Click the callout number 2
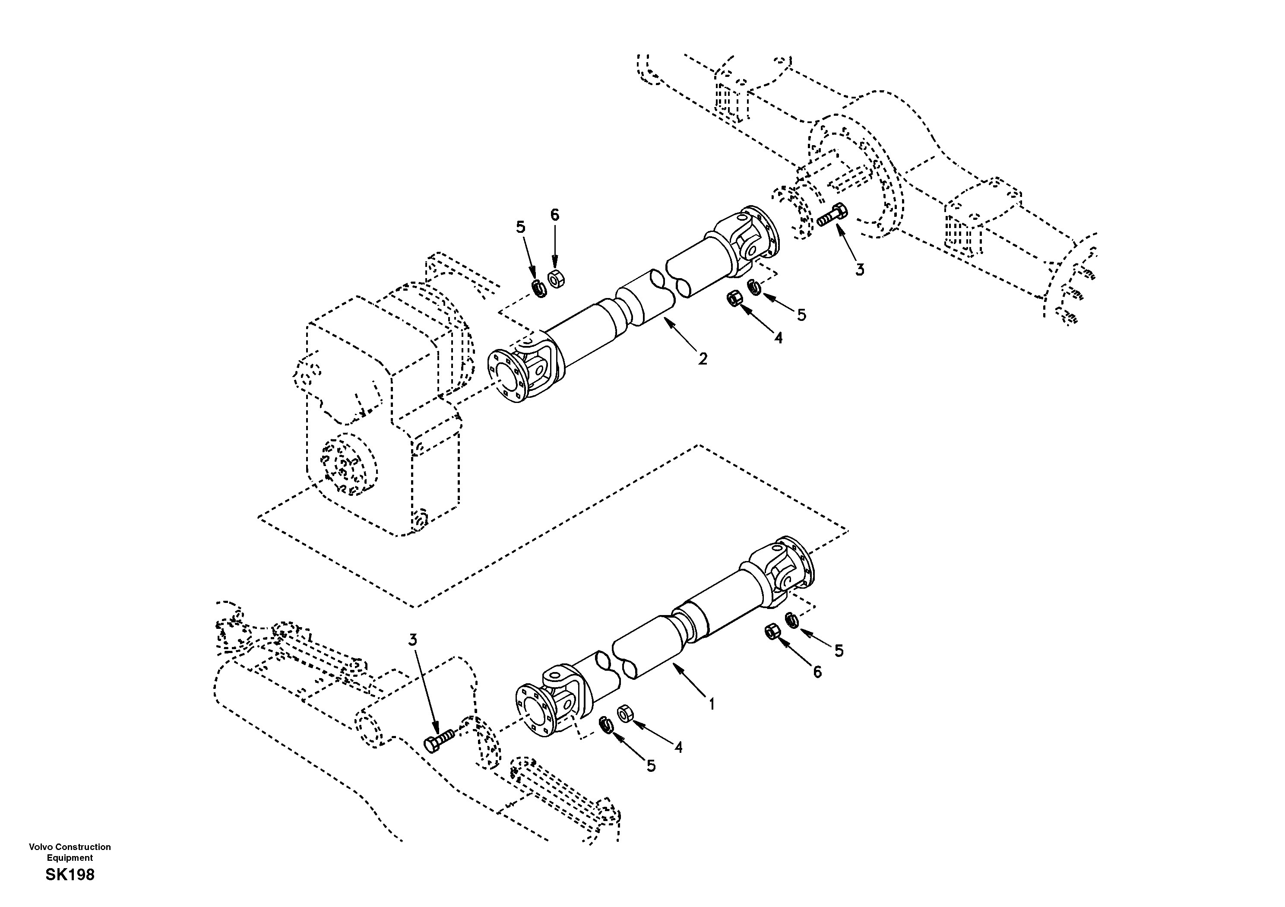point(703,358)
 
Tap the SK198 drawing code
point(70,875)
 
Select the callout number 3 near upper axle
point(859,270)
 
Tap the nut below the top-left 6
point(556,278)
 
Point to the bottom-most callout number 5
point(650,766)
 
